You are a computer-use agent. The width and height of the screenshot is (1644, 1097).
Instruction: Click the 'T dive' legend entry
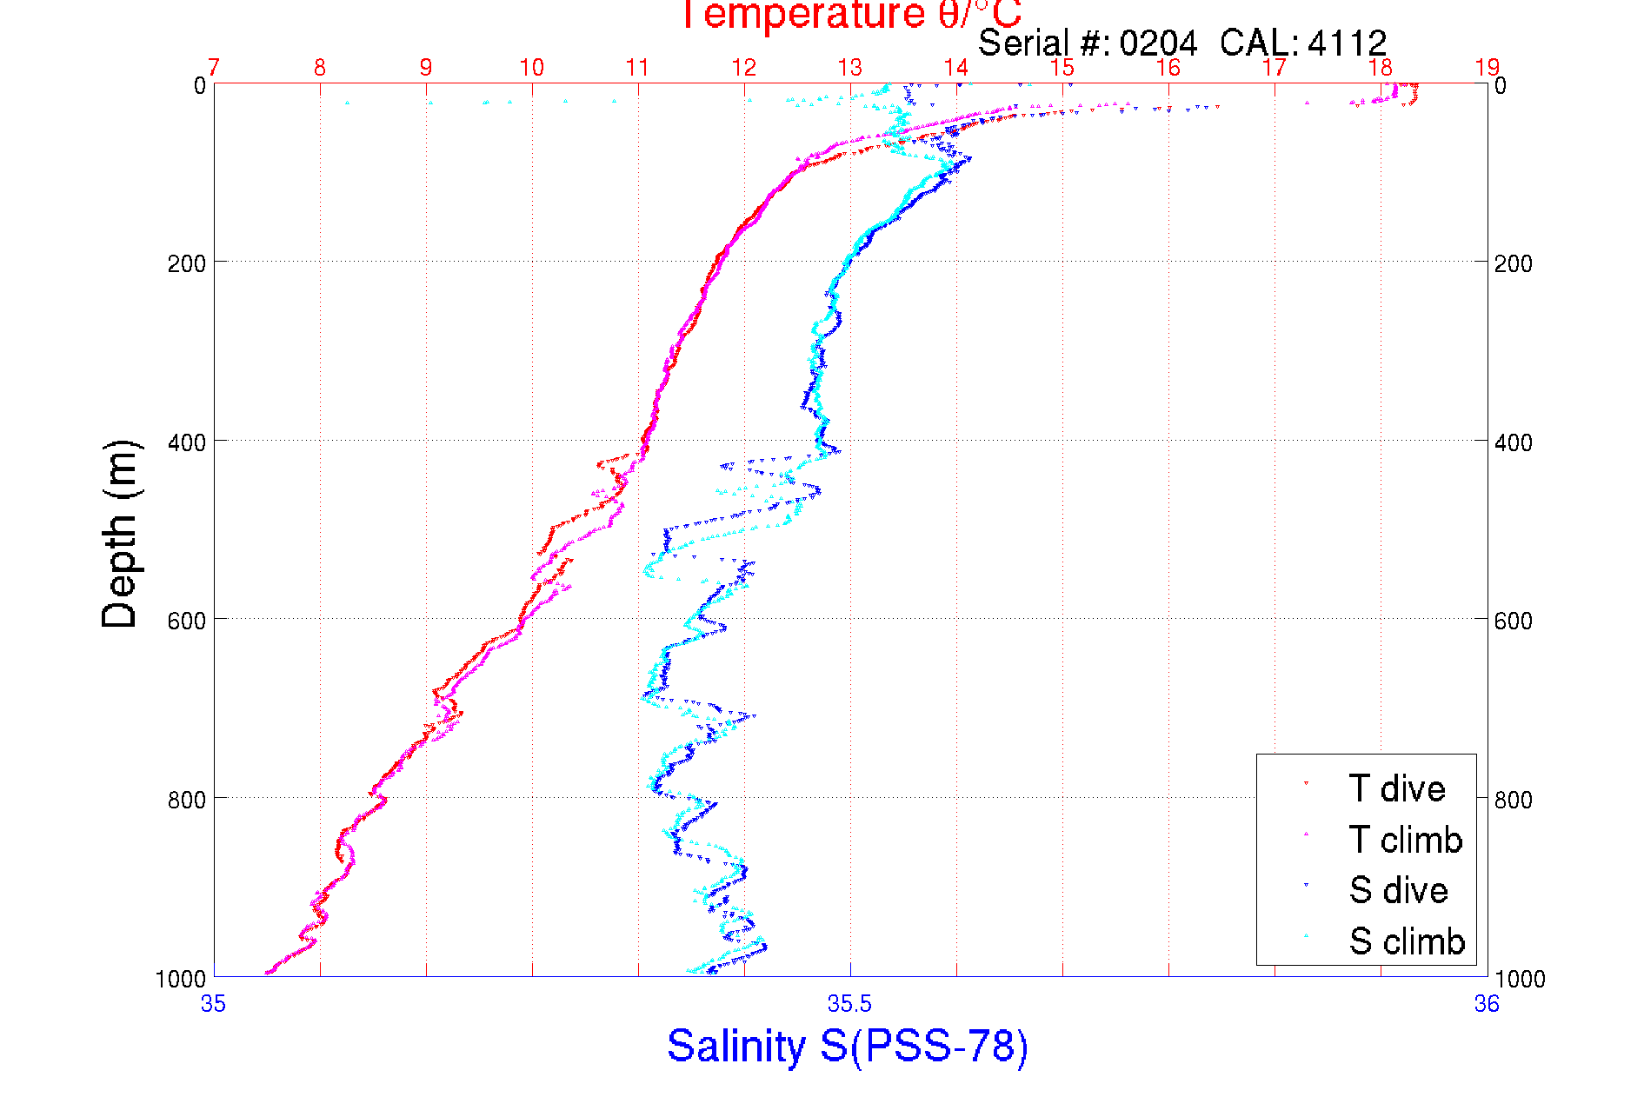1396,788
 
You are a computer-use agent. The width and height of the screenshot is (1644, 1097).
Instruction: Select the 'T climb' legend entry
1405,840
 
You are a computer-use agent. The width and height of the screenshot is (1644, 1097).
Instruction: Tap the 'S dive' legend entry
1398,890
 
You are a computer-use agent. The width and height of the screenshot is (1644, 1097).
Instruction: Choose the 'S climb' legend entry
1407,941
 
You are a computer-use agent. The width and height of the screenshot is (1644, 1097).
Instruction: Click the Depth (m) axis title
120,534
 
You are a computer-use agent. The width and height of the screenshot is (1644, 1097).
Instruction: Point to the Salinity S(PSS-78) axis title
848,1046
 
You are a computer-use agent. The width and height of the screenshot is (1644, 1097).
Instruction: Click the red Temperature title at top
849,15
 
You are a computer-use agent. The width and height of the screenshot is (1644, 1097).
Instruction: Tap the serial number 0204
1158,43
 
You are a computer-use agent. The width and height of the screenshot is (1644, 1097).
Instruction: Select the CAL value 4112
1347,43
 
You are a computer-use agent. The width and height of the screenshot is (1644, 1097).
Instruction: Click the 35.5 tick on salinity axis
849,1004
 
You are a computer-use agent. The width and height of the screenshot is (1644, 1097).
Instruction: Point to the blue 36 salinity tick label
1487,1004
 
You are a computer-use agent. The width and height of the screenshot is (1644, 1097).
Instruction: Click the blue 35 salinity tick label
213,1004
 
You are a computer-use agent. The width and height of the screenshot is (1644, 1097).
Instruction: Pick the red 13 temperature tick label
849,68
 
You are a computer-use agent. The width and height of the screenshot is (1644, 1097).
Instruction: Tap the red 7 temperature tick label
214,68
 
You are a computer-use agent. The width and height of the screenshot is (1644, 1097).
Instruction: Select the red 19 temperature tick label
1487,68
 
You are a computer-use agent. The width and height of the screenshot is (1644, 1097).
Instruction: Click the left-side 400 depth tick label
187,442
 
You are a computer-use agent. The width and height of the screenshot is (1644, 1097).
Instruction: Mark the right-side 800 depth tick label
1514,799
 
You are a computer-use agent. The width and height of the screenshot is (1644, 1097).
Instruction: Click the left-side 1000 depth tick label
181,979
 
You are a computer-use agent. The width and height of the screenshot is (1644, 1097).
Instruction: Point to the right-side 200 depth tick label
1514,263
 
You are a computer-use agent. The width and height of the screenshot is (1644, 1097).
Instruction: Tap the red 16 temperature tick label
1168,68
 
